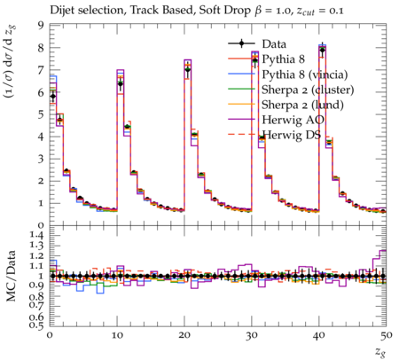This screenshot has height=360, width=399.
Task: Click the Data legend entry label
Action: coord(274,44)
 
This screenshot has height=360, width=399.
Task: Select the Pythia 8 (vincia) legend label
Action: coord(305,74)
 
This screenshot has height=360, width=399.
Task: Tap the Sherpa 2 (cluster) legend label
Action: coord(308,90)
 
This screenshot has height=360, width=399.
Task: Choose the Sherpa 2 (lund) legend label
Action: coord(302,105)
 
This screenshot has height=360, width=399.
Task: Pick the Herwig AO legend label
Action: coord(293,120)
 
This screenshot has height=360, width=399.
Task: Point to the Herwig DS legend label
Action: coord(292,135)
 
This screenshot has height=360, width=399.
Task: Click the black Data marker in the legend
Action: coord(241,43)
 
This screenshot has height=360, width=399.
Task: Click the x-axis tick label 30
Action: coord(252,336)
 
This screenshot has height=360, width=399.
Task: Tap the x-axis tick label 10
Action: coord(117,336)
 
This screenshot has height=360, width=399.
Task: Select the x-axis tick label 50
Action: coord(387,336)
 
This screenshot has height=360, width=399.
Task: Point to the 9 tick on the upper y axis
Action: coord(41,25)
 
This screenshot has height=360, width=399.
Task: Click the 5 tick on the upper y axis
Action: coord(41,114)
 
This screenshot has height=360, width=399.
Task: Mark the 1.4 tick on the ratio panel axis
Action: coord(37,235)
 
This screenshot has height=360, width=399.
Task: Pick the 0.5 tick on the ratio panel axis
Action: coord(37,325)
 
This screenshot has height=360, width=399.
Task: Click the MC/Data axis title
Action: coord(11,276)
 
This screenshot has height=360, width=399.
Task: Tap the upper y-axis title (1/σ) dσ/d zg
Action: coord(11,61)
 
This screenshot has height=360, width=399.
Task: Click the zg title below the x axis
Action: coord(380,352)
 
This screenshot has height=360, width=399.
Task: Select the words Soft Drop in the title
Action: coord(224,11)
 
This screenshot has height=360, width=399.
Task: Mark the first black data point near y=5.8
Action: coord(53,96)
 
